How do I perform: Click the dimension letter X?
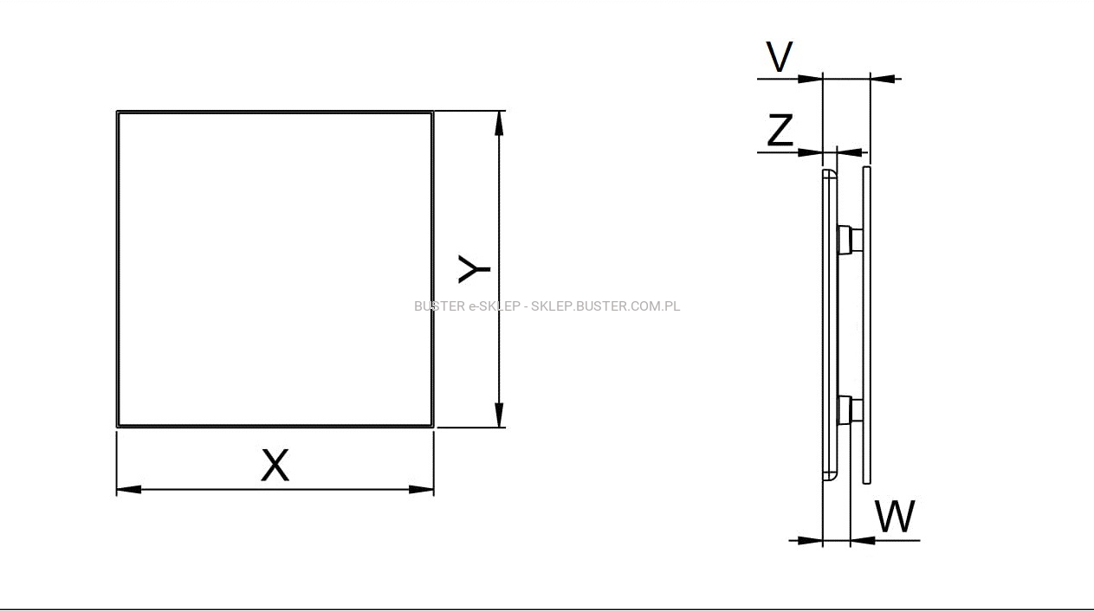(275, 465)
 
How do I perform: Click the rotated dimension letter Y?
(474, 269)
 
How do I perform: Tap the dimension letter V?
(779, 56)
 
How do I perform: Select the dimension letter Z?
(780, 130)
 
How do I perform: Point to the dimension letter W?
(895, 516)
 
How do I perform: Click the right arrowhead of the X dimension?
(421, 489)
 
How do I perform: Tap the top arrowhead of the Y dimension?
(499, 124)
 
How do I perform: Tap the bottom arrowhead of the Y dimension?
(499, 415)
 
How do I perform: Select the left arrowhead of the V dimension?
(810, 79)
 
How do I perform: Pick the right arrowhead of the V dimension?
(883, 78)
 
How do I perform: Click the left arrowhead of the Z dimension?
(810, 152)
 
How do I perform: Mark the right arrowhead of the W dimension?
(863, 540)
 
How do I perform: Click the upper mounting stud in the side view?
(851, 240)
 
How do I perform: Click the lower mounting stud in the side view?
(851, 410)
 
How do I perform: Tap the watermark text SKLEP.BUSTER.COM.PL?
(605, 306)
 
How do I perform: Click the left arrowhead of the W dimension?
(810, 540)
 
